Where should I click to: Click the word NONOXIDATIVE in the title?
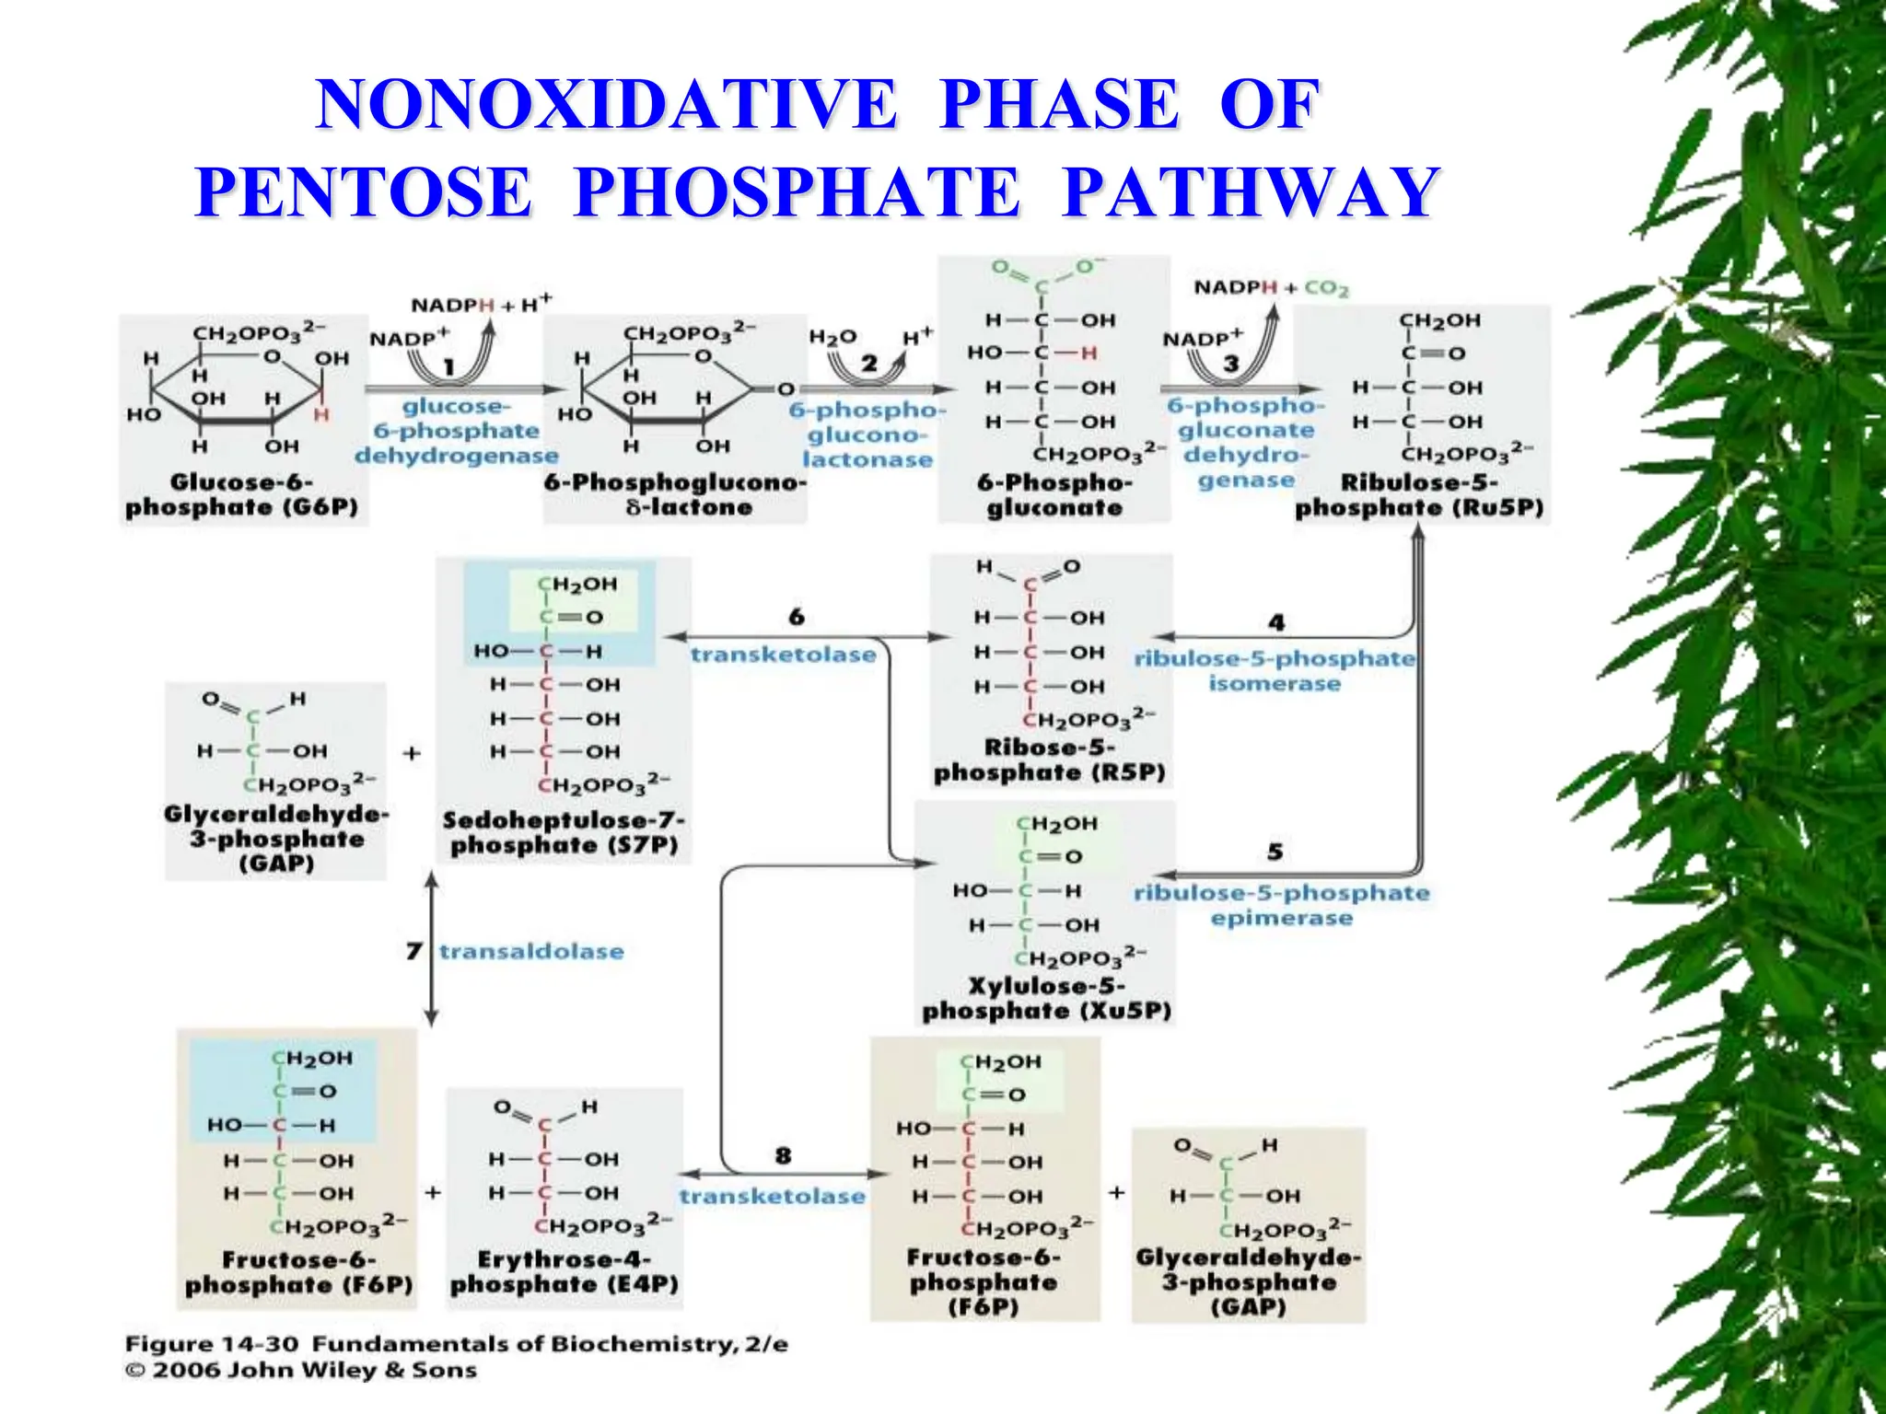pyautogui.click(x=606, y=104)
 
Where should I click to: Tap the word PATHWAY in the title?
pyautogui.click(x=1252, y=192)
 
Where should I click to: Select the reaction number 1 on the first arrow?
pyautogui.click(x=448, y=367)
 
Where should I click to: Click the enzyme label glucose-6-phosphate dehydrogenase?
pyautogui.click(x=457, y=431)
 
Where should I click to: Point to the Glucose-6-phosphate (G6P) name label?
pyautogui.click(x=241, y=495)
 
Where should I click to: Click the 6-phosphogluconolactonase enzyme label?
pyautogui.click(x=867, y=435)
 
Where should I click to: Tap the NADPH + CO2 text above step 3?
pyautogui.click(x=1271, y=288)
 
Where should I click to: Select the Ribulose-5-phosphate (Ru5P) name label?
pyautogui.click(x=1419, y=495)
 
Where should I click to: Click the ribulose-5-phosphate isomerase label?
pyautogui.click(x=1275, y=671)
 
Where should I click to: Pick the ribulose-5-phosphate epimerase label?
pyautogui.click(x=1281, y=905)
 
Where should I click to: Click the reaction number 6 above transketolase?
pyautogui.click(x=797, y=616)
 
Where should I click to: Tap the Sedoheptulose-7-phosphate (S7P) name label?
pyautogui.click(x=564, y=833)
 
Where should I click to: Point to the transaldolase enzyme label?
pyautogui.click(x=531, y=952)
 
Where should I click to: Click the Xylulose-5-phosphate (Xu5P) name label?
pyautogui.click(x=1046, y=999)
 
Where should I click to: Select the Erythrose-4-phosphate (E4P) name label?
pyautogui.click(x=564, y=1272)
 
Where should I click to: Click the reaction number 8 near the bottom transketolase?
pyautogui.click(x=783, y=1155)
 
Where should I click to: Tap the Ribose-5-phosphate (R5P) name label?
pyautogui.click(x=1050, y=760)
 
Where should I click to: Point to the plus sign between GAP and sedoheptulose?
pyautogui.click(x=412, y=753)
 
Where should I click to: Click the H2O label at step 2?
pyautogui.click(x=832, y=337)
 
